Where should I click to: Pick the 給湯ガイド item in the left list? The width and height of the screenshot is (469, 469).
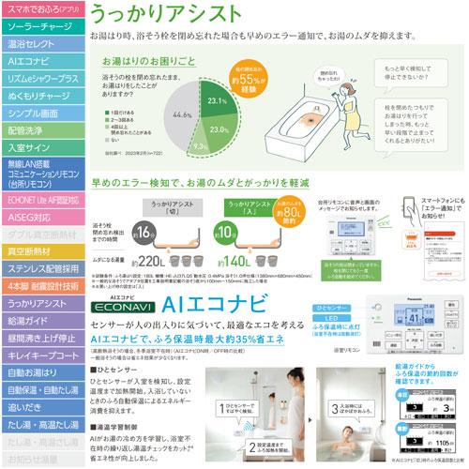(x=42, y=321)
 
